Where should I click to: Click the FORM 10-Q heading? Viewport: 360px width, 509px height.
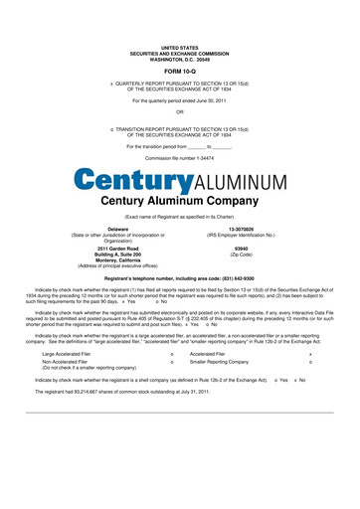pyautogui.click(x=180, y=72)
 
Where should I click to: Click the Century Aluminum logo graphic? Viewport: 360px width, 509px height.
pyautogui.click(x=179, y=181)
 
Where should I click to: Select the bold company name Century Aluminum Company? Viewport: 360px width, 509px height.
pyautogui.click(x=179, y=200)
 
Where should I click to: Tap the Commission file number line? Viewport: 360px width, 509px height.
pyautogui.click(x=179, y=157)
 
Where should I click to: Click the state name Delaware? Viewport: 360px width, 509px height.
pyautogui.click(x=117, y=228)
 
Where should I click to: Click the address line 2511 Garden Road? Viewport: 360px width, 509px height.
pyautogui.click(x=117, y=248)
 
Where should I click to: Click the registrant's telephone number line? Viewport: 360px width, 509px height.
pyautogui.click(x=179, y=279)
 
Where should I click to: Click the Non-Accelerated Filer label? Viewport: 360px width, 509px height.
pyautogui.click(x=68, y=361)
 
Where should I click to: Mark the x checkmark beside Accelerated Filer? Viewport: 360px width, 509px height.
pyautogui.click(x=311, y=353)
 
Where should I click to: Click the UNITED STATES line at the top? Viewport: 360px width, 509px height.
pyautogui.click(x=180, y=47)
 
